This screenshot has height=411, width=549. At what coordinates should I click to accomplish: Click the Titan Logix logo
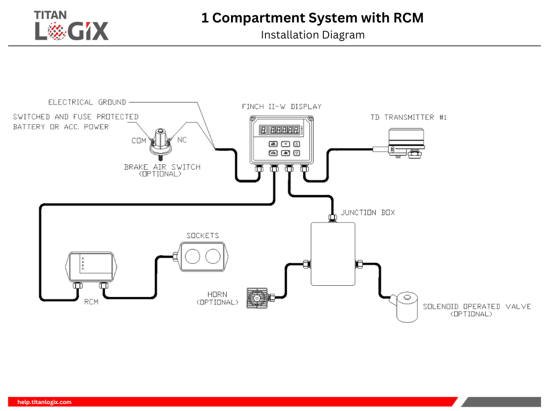click(71, 25)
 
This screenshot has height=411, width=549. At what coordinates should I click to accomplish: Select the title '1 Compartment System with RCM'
click(312, 18)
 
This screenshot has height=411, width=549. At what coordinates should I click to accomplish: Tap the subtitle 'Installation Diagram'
click(313, 35)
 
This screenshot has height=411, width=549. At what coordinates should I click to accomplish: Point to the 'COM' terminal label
click(139, 141)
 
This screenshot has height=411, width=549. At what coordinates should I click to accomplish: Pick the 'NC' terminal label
click(182, 140)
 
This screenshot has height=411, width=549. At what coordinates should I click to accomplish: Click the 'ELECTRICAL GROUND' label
click(87, 102)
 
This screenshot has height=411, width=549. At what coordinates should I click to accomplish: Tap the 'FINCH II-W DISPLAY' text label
click(281, 106)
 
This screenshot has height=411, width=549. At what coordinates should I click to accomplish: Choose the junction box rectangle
click(333, 254)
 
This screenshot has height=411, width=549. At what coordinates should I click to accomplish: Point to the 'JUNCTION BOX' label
click(368, 212)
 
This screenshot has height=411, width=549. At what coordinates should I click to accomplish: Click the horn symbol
click(257, 298)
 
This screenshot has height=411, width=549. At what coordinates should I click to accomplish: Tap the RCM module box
click(90, 267)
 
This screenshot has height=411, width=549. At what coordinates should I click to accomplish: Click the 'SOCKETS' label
click(203, 235)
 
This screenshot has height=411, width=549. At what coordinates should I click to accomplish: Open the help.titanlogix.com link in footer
click(44, 402)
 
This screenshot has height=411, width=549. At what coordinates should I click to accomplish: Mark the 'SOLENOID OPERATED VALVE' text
click(477, 307)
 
